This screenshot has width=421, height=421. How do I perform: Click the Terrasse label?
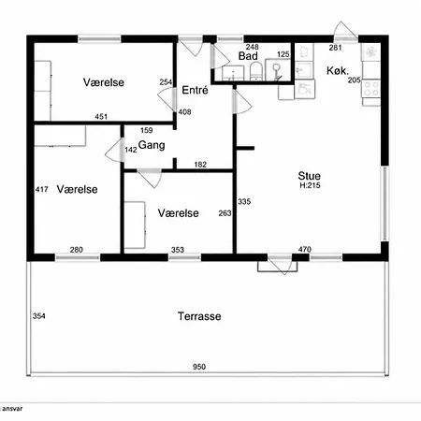199,316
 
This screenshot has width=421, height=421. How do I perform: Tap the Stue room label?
309,176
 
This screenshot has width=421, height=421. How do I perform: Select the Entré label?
195,90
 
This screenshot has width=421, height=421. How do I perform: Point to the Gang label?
152,145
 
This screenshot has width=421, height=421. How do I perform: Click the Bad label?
248,56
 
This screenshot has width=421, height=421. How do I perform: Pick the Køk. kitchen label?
338,71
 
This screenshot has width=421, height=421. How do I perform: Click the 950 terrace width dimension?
199,367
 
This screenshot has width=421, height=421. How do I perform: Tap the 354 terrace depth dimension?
39,316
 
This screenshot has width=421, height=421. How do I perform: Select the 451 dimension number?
101,117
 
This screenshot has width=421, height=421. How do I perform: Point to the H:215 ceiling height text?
310,185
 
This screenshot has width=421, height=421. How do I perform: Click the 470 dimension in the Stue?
305,249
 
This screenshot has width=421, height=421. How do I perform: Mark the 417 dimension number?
41,189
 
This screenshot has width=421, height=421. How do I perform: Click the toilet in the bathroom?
256,71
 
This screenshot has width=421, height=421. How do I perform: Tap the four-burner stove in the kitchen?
371,89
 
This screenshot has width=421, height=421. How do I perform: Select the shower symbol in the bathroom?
277,70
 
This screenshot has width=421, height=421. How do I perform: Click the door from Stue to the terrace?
282,265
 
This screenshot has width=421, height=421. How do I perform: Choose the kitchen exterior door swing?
345,31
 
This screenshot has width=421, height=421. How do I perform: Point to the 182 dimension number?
200,165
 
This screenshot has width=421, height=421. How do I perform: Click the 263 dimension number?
225,213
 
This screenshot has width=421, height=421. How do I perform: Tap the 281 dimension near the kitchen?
335,48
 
